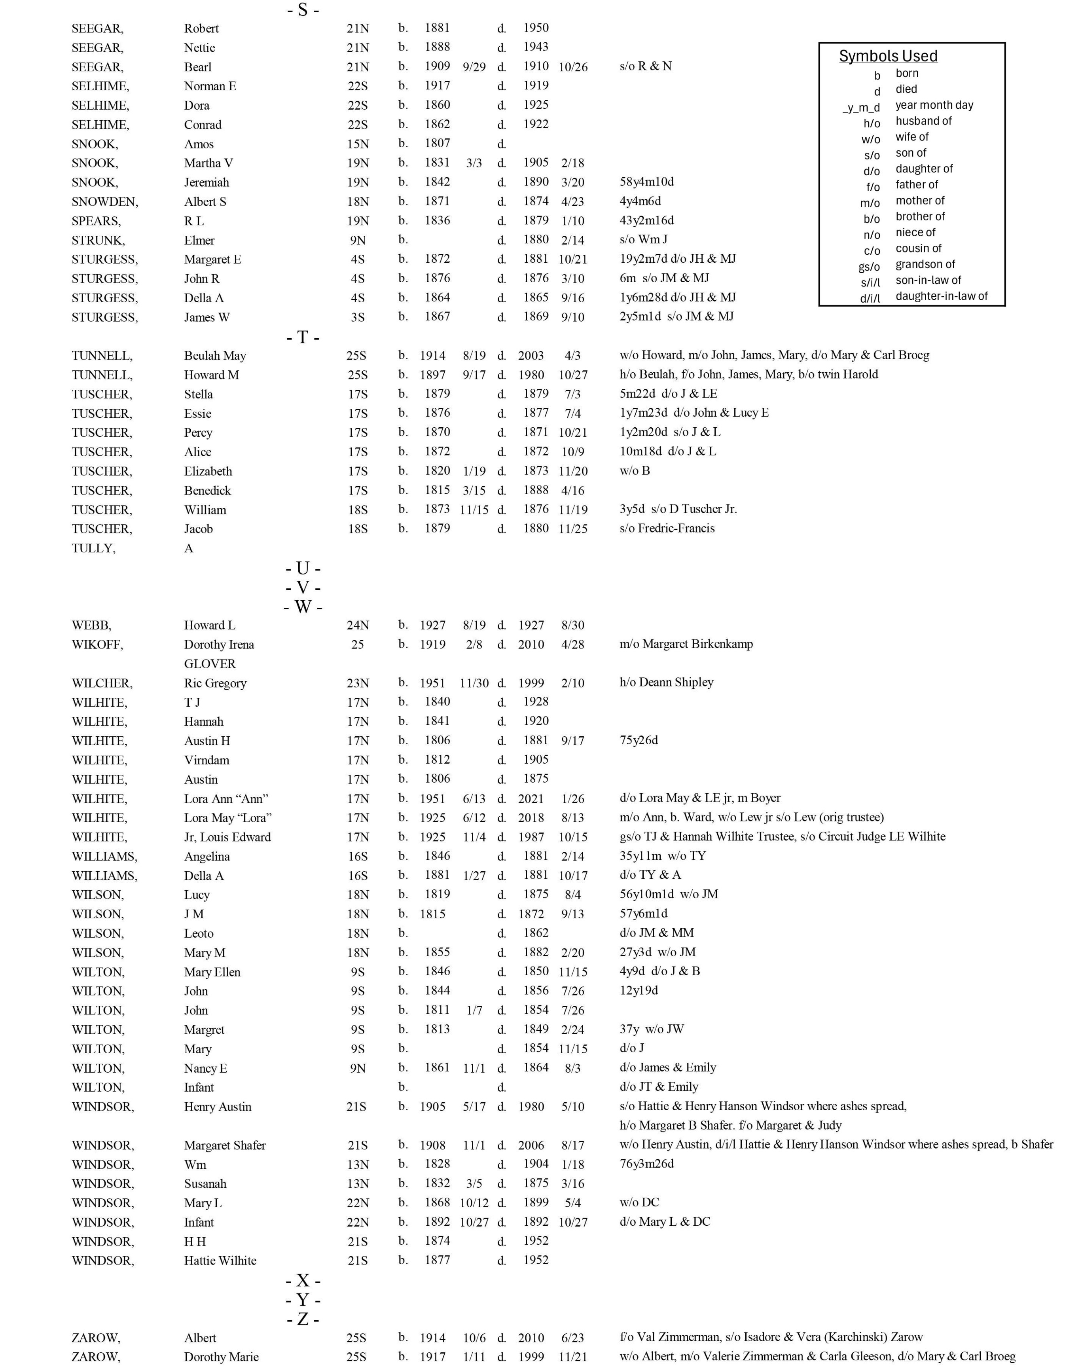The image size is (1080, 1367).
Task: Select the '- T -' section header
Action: [x=303, y=337]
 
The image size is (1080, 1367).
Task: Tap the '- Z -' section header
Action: [x=303, y=1319]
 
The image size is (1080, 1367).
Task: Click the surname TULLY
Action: [x=94, y=548]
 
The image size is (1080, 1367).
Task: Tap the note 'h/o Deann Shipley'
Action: [x=667, y=682]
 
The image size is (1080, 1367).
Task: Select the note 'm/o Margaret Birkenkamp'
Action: [x=686, y=644]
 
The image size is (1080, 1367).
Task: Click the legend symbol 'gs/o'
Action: [x=870, y=266]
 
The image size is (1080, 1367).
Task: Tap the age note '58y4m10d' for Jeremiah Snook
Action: [x=647, y=182]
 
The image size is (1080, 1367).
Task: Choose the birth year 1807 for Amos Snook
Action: [x=437, y=144]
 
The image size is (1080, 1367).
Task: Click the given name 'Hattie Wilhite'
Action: [x=220, y=1261]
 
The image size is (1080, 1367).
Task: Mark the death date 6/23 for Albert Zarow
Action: [x=572, y=1338]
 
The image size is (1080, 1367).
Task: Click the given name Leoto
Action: [x=199, y=933]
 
